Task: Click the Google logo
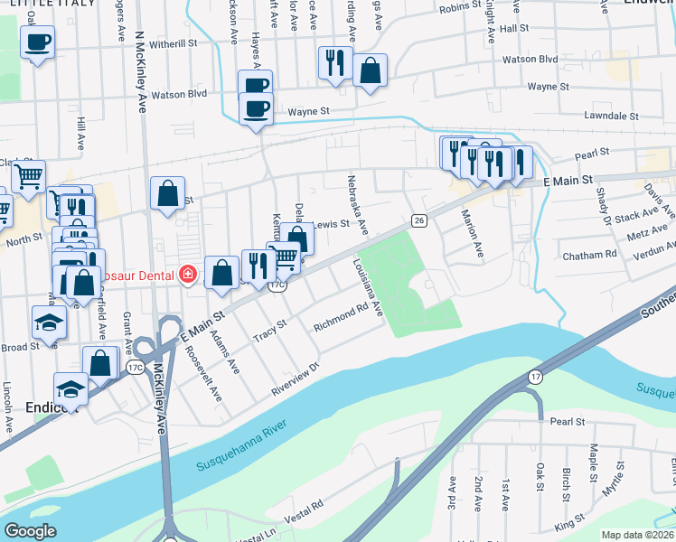(30, 531)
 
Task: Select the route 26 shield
(418, 220)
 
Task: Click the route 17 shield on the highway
(535, 377)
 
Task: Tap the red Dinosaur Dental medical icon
(188, 274)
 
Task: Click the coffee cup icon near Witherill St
(38, 42)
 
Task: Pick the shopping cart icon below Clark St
(29, 177)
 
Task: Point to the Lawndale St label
(612, 117)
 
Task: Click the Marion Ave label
(473, 234)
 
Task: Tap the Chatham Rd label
(589, 256)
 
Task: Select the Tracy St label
(269, 329)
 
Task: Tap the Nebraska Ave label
(357, 203)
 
